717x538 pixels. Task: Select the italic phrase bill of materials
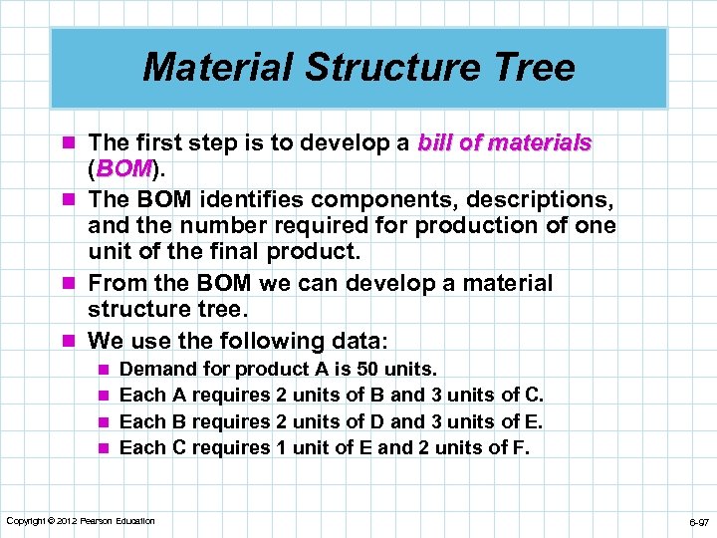(505, 143)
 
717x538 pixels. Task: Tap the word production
(486, 225)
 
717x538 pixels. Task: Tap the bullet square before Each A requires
(102, 397)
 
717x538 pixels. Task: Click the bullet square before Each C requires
(102, 448)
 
